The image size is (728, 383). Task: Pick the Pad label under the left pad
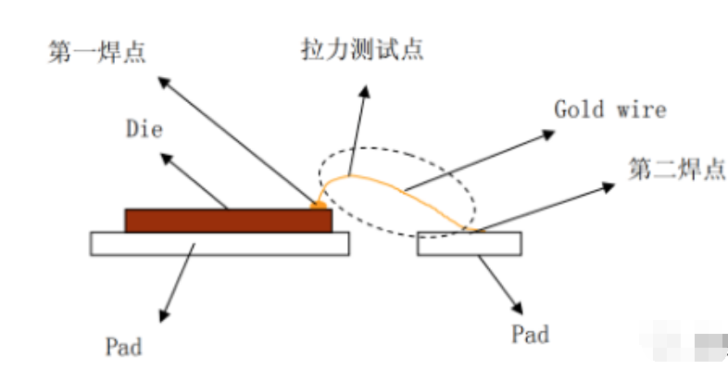[x=123, y=348]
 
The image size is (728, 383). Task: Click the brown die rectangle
[x=228, y=220]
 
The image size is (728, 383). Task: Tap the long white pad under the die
[x=220, y=243]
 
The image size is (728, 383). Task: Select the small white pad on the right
[x=469, y=243]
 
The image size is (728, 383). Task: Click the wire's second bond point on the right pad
[x=469, y=228]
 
